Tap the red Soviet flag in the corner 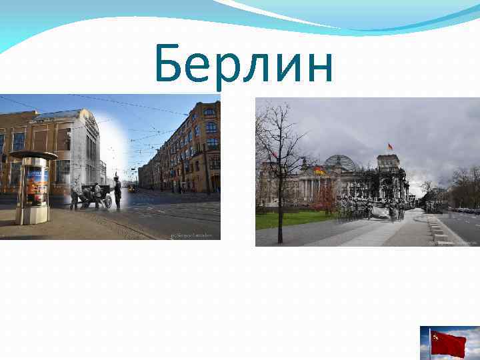click(447, 343)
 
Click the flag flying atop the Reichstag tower click(390, 147)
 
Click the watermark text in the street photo click(194, 235)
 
